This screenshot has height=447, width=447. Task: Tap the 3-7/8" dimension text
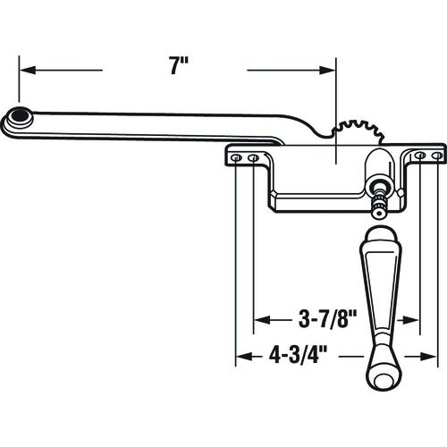(x=328, y=320)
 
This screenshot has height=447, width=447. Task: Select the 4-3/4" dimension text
(x=298, y=355)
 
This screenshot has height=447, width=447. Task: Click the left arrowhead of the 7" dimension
(x=28, y=71)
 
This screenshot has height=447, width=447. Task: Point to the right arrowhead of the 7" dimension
(x=327, y=71)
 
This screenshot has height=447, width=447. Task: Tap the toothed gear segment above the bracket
(x=359, y=132)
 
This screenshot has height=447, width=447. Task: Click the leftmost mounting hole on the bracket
(x=236, y=157)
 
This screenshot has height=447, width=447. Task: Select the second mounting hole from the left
(x=254, y=157)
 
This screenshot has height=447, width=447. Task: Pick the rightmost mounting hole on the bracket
(x=437, y=156)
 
